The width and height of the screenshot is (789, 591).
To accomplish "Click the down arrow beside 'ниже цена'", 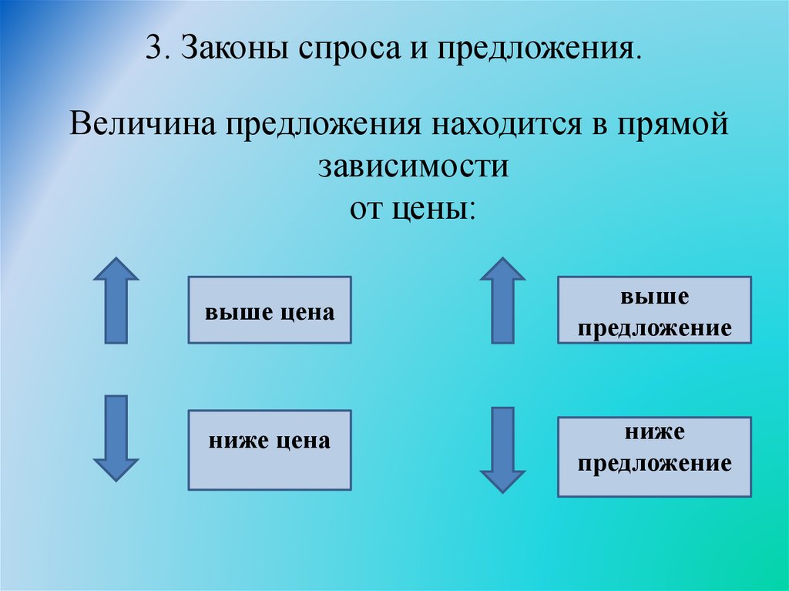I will click(116, 438).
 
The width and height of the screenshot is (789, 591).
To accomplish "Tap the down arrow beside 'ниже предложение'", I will click(502, 449).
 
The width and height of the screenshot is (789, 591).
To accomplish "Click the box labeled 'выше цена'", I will click(270, 310).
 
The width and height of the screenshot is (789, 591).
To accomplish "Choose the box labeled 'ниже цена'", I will click(270, 450).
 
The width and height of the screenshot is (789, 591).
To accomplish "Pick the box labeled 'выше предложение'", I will click(654, 310).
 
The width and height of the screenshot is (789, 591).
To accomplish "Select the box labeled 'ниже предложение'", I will click(654, 457).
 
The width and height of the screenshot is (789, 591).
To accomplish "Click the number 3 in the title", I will click(153, 50).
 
